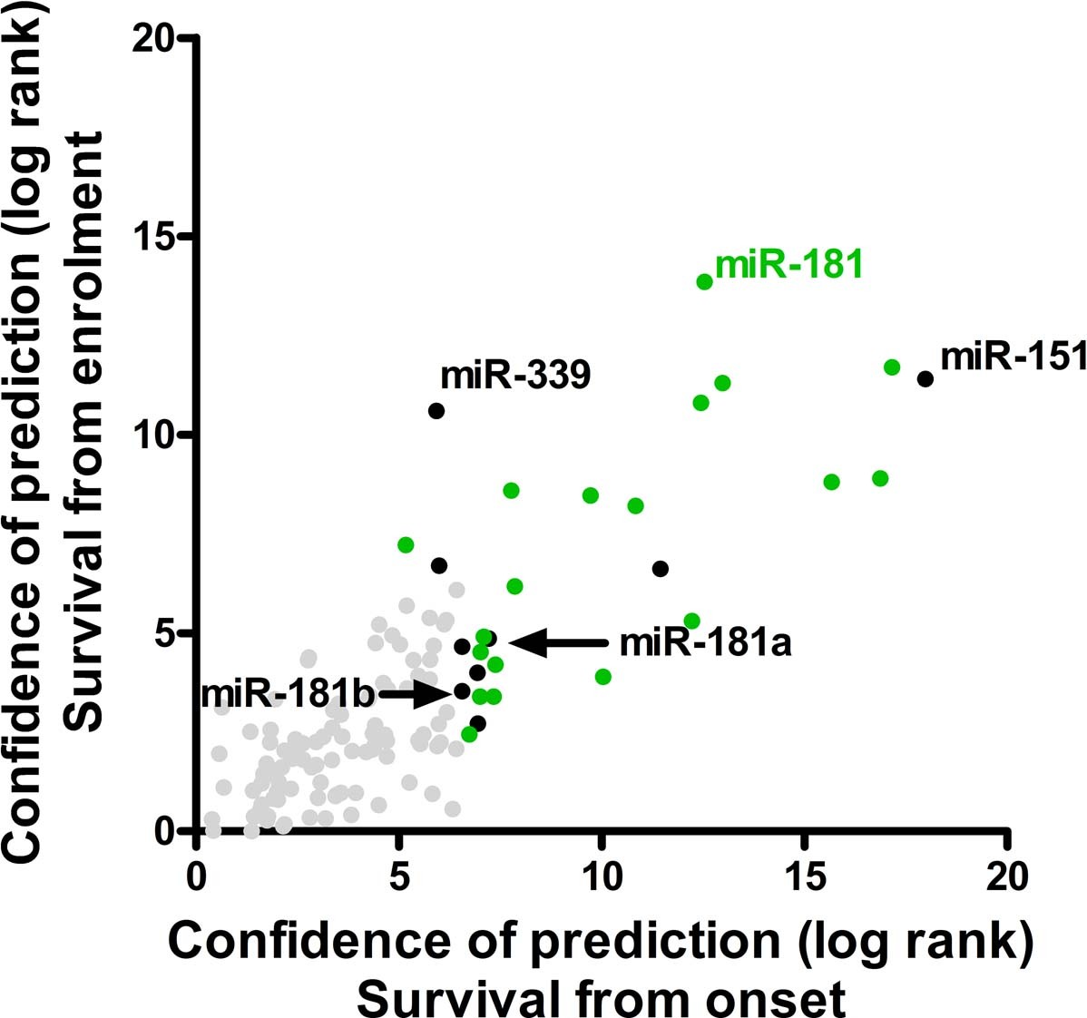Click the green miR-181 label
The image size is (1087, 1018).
point(788,266)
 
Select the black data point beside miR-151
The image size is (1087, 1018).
point(925,378)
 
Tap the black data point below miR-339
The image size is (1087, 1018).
point(436,411)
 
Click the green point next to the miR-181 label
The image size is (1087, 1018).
point(704,281)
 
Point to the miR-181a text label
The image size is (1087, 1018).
point(705,643)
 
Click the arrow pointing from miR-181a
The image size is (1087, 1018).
point(558,642)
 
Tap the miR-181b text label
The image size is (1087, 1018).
point(288,695)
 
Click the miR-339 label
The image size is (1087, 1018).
point(515,375)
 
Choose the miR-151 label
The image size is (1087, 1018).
point(1013,357)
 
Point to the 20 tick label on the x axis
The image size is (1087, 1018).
point(1006,877)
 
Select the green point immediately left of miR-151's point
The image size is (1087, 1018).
point(891,367)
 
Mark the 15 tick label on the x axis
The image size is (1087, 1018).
point(804,877)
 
